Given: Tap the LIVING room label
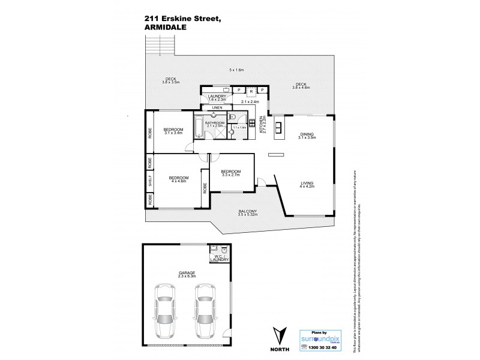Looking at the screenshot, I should pyautogui.click(x=307, y=182).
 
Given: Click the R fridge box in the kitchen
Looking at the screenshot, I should pyautogui.click(x=251, y=91).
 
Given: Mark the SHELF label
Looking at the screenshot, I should pyautogui.click(x=150, y=181).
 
